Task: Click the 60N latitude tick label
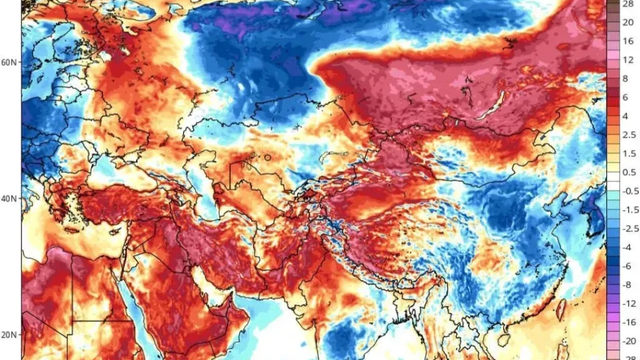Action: [x=9, y=62]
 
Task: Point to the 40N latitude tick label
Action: [x=9, y=198]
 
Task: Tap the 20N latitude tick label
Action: [x=9, y=335]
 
